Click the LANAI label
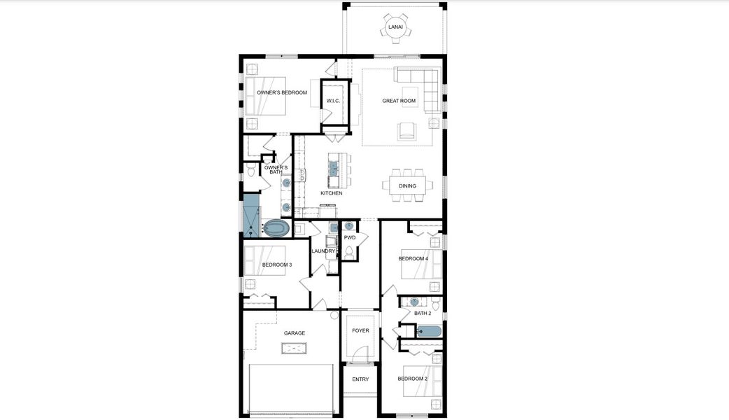(396, 27)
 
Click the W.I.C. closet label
(333, 101)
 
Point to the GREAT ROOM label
(399, 101)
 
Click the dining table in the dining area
(407, 185)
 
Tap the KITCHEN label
(331, 193)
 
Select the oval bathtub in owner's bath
(276, 228)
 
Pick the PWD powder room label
(350, 238)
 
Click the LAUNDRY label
(324, 251)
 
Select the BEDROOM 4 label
(413, 259)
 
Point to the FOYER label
(360, 330)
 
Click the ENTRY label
(360, 379)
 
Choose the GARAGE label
(294, 333)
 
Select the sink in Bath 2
(415, 302)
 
